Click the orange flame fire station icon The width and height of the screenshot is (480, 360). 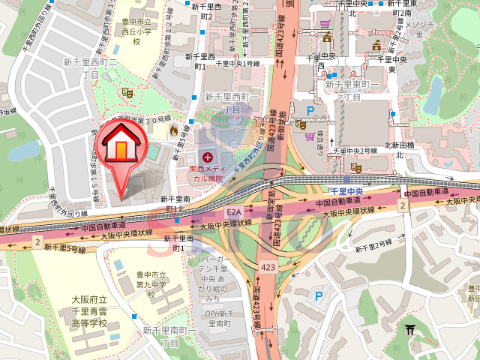tap(174, 130)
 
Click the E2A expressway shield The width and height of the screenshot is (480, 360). tap(233, 213)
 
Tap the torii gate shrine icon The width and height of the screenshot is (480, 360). tap(410, 329)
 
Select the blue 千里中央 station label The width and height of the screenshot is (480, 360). tap(347, 191)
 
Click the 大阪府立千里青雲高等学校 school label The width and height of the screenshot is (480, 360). tap(90, 311)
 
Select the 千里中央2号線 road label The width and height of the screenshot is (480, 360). tap(355, 151)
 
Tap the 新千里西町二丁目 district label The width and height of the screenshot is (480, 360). tap(90, 68)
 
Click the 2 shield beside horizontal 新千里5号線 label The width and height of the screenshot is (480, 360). tap(36, 240)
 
